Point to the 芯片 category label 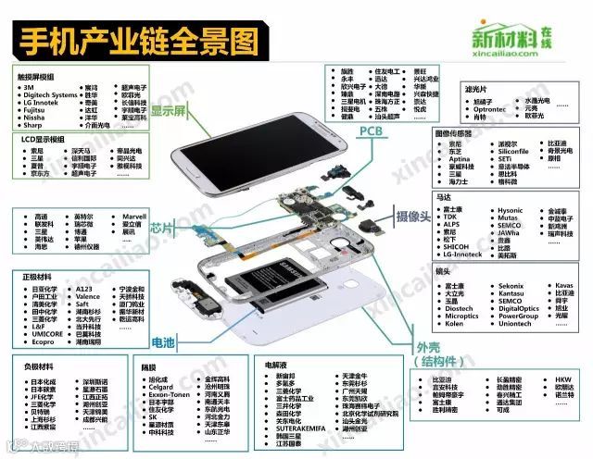163,226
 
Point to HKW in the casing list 563,379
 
